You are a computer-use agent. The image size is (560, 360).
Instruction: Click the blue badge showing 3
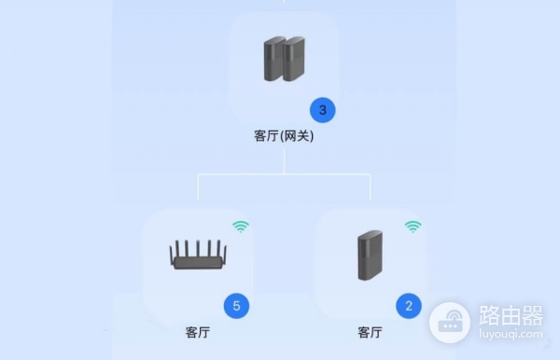coord(322,110)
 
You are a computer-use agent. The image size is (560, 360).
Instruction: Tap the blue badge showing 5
coord(237,305)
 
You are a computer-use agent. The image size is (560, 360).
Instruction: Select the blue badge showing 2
coord(408,305)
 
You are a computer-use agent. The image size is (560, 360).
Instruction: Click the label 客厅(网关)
coord(284,136)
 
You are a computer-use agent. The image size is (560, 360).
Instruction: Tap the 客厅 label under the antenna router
coord(198,332)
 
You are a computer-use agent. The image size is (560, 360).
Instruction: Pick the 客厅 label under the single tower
coord(371,332)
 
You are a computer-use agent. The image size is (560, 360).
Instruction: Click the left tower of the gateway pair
coord(274,58)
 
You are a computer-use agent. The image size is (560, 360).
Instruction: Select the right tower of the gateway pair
coord(295,58)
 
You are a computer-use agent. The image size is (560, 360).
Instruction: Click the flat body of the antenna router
coord(198,264)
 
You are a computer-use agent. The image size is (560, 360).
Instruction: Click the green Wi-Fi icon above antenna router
coord(241,226)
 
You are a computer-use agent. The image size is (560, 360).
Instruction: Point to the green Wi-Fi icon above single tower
coord(413,226)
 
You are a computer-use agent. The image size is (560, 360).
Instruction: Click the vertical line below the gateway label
coord(284,160)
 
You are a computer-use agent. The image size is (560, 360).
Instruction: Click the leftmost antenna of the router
coord(171,249)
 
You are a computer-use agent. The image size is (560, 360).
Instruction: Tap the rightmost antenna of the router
coord(225,249)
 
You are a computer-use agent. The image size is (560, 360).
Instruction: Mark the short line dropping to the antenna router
coord(198,187)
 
